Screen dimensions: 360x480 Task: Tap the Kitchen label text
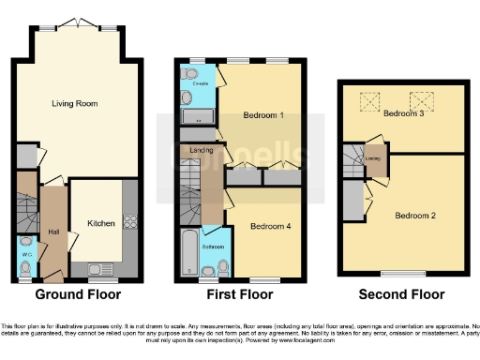pyautogui.click(x=101, y=224)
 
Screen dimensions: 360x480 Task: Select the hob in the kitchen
pyautogui.click(x=129, y=222)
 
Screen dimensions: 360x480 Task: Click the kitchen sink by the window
pyautogui.click(x=100, y=270)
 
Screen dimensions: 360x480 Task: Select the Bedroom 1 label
pyautogui.click(x=263, y=114)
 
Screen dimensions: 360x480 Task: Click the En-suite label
pyautogui.click(x=198, y=84)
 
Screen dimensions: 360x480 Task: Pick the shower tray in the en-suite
pyautogui.click(x=197, y=116)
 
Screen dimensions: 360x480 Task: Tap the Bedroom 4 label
pyautogui.click(x=264, y=226)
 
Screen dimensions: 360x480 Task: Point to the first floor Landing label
pyautogui.click(x=198, y=150)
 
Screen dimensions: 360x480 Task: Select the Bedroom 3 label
pyautogui.click(x=404, y=113)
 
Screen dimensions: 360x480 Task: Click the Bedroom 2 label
pyautogui.click(x=414, y=216)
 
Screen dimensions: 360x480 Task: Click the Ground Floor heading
pyautogui.click(x=78, y=294)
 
